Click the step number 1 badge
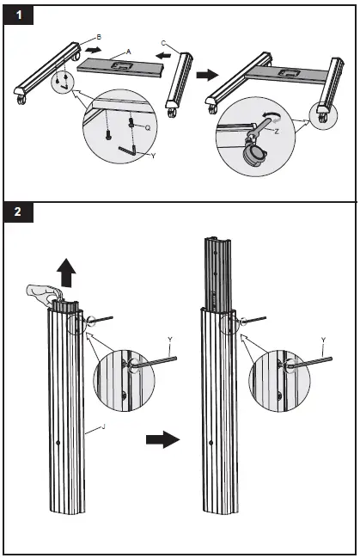click(x=19, y=15)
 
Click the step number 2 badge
click(x=19, y=212)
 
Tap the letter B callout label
click(x=99, y=37)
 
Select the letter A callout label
click(x=128, y=52)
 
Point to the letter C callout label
click(x=163, y=43)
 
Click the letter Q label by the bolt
click(x=148, y=128)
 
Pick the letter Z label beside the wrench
click(x=277, y=132)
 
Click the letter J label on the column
click(x=103, y=426)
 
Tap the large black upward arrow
click(x=66, y=273)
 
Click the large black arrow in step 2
click(x=163, y=439)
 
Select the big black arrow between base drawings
click(x=208, y=75)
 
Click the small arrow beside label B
click(x=93, y=50)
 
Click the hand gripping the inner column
click(x=42, y=293)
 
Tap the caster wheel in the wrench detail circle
click(x=253, y=155)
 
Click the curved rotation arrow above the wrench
click(x=272, y=115)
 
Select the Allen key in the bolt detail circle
click(x=127, y=150)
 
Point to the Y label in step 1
click(x=153, y=156)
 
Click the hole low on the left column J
click(x=58, y=442)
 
